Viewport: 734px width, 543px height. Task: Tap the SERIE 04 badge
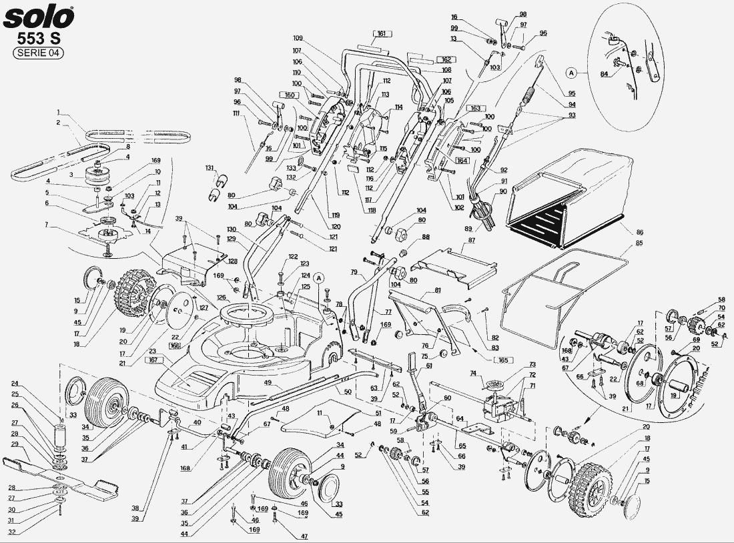click(x=39, y=54)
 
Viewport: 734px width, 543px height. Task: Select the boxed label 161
click(x=381, y=33)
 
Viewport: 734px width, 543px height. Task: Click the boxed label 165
click(x=502, y=360)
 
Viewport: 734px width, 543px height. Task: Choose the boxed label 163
click(x=474, y=108)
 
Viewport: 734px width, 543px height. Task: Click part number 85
click(x=639, y=244)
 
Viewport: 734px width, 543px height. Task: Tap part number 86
click(x=639, y=232)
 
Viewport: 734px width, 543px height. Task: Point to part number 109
click(x=298, y=37)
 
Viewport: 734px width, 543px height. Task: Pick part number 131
click(x=210, y=167)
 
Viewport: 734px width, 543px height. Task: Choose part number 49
click(x=267, y=383)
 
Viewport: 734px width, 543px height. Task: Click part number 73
click(x=532, y=365)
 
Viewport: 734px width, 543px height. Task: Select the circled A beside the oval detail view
click(x=571, y=71)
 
